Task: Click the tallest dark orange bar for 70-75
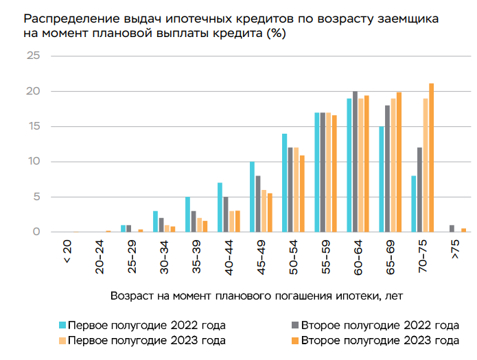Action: pos(432,158)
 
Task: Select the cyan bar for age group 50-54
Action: pos(285,182)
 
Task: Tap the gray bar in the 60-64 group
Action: pos(355,162)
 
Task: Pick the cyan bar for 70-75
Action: pos(413,204)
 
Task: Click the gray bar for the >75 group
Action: pos(452,228)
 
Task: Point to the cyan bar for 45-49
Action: pos(253,197)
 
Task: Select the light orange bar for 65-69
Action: pos(393,165)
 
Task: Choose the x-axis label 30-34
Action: pos(163,259)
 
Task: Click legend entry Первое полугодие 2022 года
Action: pos(142,325)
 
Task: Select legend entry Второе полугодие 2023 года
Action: pos(380,340)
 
